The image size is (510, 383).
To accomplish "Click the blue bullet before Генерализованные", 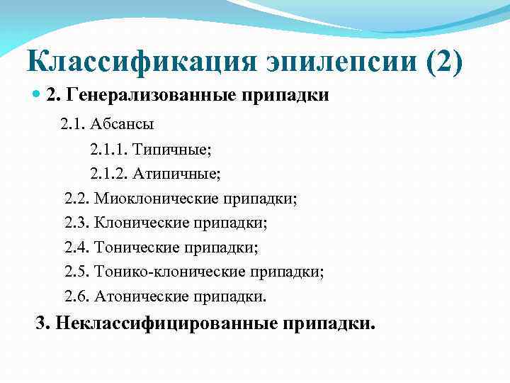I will tap(38, 95).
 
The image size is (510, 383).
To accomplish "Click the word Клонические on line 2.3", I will tap(141, 223).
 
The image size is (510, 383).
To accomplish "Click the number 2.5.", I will tap(76, 272).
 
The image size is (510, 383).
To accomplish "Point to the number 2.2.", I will tap(76, 198).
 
